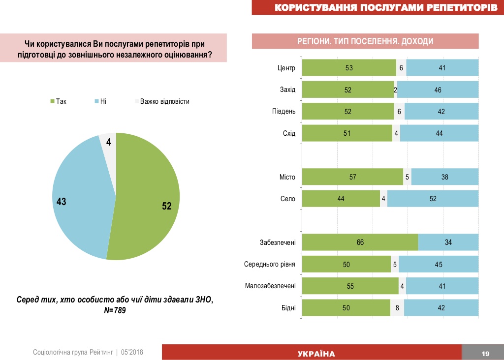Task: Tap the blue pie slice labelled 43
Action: (79, 197)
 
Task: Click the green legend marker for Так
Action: (52, 102)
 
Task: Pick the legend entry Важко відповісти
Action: (164, 102)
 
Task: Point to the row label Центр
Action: (286, 68)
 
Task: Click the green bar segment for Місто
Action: (352, 177)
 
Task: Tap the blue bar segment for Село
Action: (433, 199)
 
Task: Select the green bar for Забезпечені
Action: (359, 242)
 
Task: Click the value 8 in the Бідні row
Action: (397, 308)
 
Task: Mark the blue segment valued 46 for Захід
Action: (438, 90)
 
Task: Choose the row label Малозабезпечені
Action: (270, 286)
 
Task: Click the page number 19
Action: (485, 354)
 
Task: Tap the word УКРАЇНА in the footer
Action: (316, 354)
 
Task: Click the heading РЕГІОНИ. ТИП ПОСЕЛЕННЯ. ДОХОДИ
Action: (365, 41)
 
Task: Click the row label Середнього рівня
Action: (270, 265)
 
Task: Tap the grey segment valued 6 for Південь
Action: (399, 112)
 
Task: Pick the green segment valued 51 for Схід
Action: (346, 133)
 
